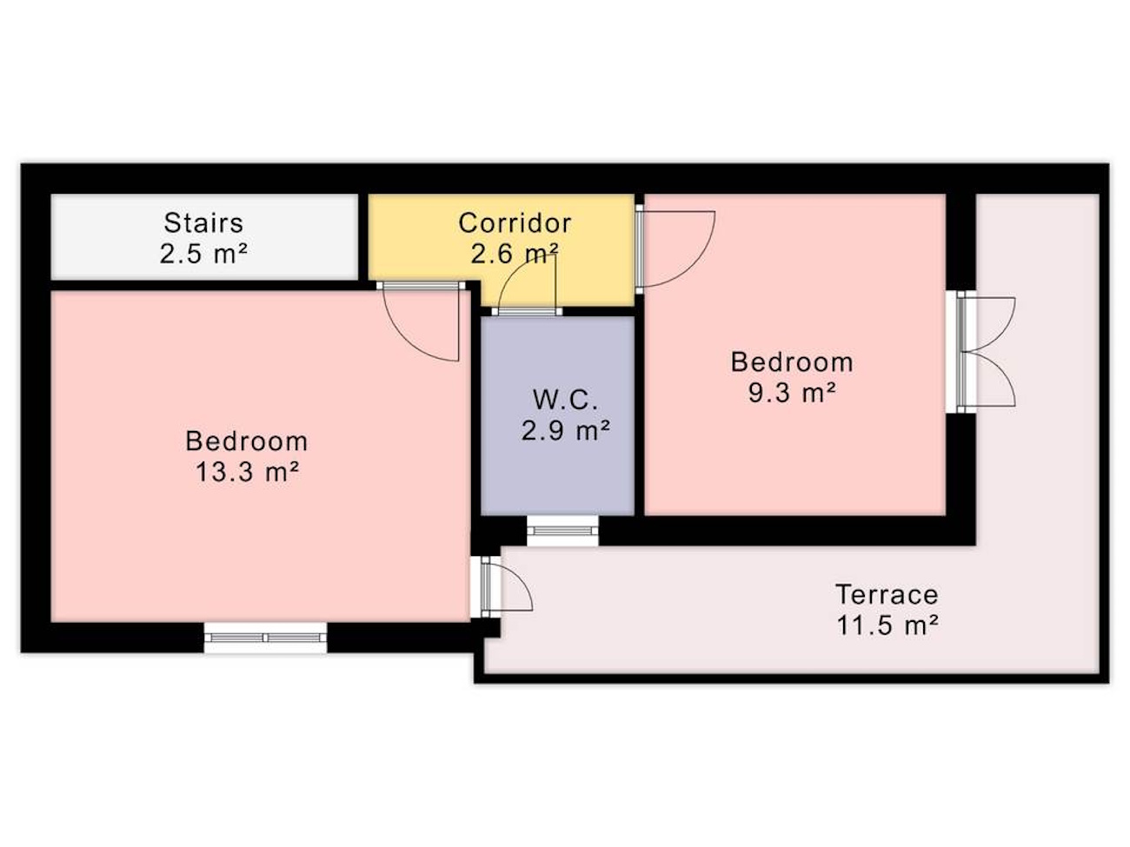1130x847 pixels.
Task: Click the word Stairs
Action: [203, 222]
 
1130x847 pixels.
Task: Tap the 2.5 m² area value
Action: [203, 254]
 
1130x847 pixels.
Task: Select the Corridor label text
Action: [515, 222]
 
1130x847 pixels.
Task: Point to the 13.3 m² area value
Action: [247, 472]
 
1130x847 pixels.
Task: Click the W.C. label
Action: [565, 400]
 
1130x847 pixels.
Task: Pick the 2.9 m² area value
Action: [565, 430]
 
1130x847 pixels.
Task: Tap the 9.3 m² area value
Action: [792, 393]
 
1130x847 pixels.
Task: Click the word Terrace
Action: [887, 594]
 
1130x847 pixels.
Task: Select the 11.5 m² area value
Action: [887, 625]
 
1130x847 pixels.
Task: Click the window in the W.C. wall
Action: [562, 530]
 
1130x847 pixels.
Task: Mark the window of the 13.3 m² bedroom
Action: [265, 638]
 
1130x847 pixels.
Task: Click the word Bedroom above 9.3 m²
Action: [792, 362]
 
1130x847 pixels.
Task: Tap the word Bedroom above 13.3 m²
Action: [247, 440]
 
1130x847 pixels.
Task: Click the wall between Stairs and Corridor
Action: [363, 237]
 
